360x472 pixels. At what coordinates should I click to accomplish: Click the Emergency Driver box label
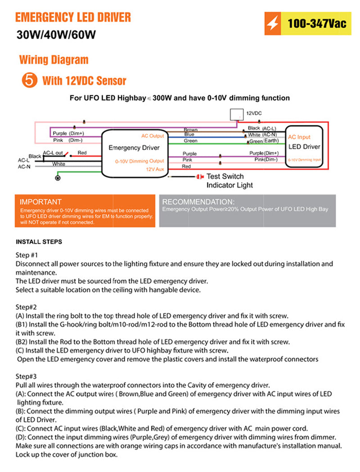(x=134, y=147)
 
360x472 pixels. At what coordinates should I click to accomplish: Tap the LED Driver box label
(x=304, y=147)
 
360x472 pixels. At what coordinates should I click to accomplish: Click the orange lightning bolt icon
(x=272, y=24)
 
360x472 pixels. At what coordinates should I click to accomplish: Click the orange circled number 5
(x=28, y=80)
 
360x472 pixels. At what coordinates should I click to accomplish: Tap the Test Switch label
(x=225, y=177)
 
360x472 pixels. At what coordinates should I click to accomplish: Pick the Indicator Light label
(x=229, y=185)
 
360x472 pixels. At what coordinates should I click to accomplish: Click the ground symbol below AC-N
(x=58, y=178)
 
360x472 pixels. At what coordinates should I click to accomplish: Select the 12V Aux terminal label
(x=155, y=169)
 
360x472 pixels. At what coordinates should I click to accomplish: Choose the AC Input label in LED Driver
(x=299, y=137)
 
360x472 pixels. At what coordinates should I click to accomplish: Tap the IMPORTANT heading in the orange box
(x=40, y=202)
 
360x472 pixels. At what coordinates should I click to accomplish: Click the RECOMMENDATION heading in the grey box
(x=198, y=202)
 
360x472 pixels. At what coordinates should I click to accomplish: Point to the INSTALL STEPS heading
(x=39, y=242)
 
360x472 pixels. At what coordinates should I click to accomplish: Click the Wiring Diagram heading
(x=54, y=60)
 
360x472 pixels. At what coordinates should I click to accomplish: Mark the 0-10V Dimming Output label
(x=139, y=161)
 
